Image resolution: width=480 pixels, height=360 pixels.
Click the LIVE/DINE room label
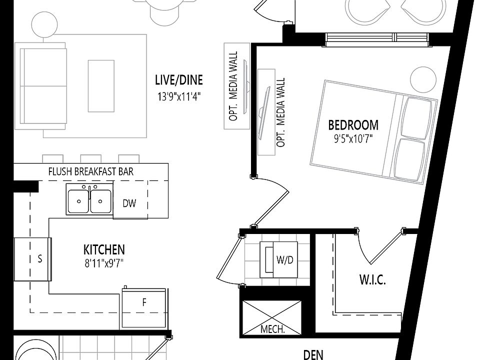point(178,80)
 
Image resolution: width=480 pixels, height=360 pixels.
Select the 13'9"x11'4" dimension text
point(178,96)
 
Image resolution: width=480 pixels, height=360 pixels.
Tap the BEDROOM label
point(353,125)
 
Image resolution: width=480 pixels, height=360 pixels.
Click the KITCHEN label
point(104,249)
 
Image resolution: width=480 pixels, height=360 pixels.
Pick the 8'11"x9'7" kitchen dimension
point(104,262)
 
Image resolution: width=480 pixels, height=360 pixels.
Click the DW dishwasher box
point(129,203)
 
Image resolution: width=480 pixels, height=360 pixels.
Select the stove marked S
point(33,259)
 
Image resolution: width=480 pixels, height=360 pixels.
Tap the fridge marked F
point(144,302)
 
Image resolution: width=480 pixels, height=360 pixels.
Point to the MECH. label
point(272,329)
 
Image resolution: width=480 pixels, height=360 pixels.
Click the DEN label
point(313,354)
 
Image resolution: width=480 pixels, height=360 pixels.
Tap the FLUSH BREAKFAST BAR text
point(90,171)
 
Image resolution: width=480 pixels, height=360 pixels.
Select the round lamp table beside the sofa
point(44,23)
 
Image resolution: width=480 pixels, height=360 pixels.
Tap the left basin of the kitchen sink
point(78,201)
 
